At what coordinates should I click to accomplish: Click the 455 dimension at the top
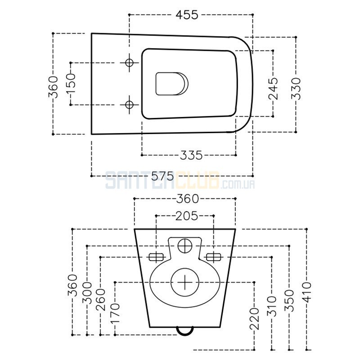click(x=187, y=15)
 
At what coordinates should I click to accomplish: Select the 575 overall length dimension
click(x=162, y=176)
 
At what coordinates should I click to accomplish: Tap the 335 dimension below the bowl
click(x=191, y=155)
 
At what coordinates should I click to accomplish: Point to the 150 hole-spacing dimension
click(x=71, y=84)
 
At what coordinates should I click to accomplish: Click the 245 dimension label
click(x=273, y=89)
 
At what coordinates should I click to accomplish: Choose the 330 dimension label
click(x=296, y=89)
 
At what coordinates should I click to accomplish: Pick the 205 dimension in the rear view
click(x=186, y=216)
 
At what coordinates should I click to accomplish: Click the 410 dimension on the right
click(x=307, y=292)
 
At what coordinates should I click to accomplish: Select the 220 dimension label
click(x=254, y=319)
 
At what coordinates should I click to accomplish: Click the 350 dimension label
click(x=289, y=301)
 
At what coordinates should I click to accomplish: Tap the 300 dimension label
click(x=87, y=292)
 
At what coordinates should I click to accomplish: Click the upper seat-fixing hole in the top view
click(x=130, y=63)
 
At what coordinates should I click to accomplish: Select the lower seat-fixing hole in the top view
click(x=130, y=105)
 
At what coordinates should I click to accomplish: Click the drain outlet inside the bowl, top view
click(x=172, y=84)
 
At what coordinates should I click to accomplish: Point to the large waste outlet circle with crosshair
click(x=185, y=282)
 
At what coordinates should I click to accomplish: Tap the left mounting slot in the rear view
click(x=157, y=257)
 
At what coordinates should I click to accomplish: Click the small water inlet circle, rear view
click(x=185, y=246)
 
